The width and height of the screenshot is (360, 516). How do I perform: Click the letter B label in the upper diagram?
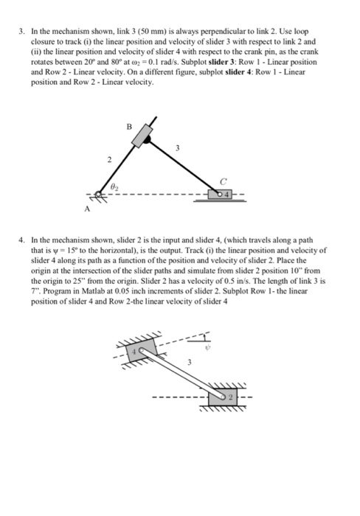[x=130, y=127]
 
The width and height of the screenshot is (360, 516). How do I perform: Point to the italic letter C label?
[x=233, y=181]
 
